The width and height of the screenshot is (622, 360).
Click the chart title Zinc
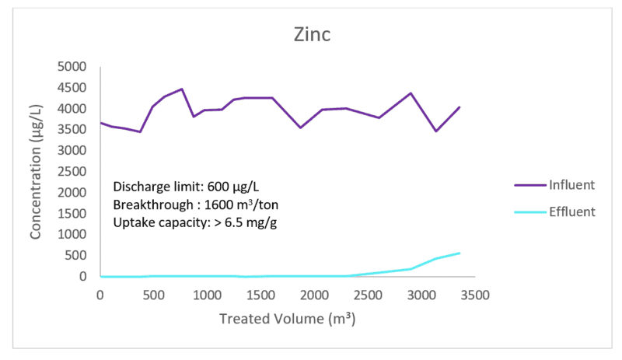(x=311, y=35)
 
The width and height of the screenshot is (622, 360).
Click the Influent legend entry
(x=571, y=185)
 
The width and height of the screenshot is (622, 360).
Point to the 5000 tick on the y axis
(x=77, y=67)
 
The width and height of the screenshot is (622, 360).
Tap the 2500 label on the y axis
(x=77, y=172)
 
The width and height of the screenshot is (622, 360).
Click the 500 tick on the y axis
(x=80, y=256)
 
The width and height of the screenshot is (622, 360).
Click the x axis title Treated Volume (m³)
(x=287, y=319)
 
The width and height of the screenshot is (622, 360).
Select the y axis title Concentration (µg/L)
(x=37, y=172)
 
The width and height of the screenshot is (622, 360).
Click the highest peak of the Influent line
(x=181, y=89)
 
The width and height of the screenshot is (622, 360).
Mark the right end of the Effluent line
(x=460, y=253)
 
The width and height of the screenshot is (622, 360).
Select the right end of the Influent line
(x=460, y=107)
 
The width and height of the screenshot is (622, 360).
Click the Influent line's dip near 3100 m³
(x=435, y=131)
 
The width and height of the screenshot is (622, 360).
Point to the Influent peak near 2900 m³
(x=411, y=93)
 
